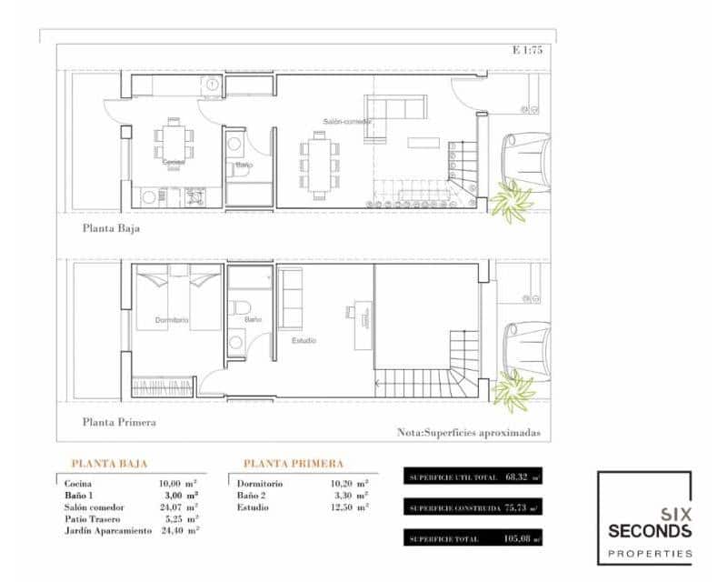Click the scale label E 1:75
(527, 51)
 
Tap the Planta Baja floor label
(113, 228)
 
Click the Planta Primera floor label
(119, 422)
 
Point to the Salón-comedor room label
(348, 121)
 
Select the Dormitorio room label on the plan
(172, 320)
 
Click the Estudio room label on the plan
(304, 341)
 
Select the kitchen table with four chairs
(173, 141)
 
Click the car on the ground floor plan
(528, 158)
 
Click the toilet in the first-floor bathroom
(240, 306)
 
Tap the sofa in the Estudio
(292, 300)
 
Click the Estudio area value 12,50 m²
(349, 507)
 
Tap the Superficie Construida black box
(473, 507)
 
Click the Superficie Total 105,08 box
(473, 538)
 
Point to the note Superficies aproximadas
(469, 433)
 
